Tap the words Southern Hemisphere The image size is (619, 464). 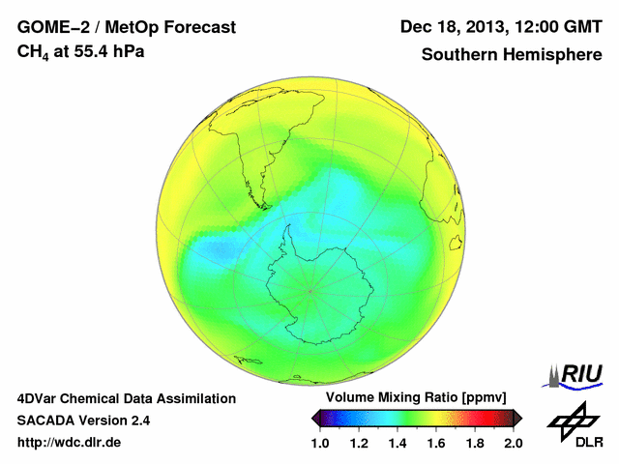(x=511, y=55)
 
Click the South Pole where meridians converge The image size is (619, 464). (x=309, y=289)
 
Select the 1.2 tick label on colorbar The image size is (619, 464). (x=359, y=443)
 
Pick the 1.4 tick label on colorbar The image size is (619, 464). (x=398, y=443)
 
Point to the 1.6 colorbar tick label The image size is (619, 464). (x=436, y=443)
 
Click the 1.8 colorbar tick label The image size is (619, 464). (x=475, y=443)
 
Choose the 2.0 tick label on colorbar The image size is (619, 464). (x=514, y=443)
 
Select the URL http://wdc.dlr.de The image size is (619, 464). (x=70, y=443)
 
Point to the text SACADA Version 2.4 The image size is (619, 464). (x=84, y=420)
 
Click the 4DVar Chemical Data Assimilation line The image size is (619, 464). (x=127, y=398)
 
